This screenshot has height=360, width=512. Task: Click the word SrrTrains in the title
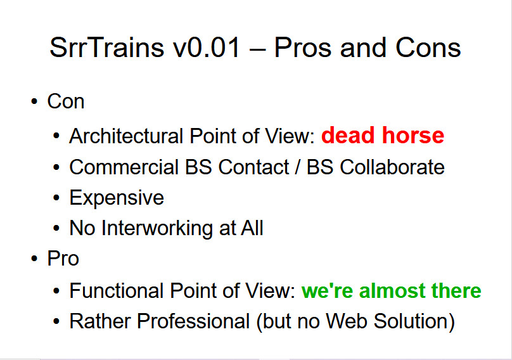point(106,48)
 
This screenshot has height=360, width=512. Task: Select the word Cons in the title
point(428,48)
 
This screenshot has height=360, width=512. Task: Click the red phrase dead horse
point(383,135)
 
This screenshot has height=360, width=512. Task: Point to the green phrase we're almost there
point(391,290)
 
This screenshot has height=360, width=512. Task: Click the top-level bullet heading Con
point(66,101)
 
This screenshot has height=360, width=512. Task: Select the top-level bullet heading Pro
point(63,259)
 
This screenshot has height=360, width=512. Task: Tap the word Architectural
point(126,136)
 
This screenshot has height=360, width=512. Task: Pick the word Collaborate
point(392,167)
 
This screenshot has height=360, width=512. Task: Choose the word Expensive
point(117,198)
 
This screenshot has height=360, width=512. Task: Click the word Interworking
point(157,228)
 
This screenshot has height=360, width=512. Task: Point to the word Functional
point(117,290)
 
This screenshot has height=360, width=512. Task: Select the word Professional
point(193,321)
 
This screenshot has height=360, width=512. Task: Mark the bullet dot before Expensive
point(56,198)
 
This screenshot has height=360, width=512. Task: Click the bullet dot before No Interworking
point(56,228)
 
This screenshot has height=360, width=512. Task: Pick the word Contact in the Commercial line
point(253,167)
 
